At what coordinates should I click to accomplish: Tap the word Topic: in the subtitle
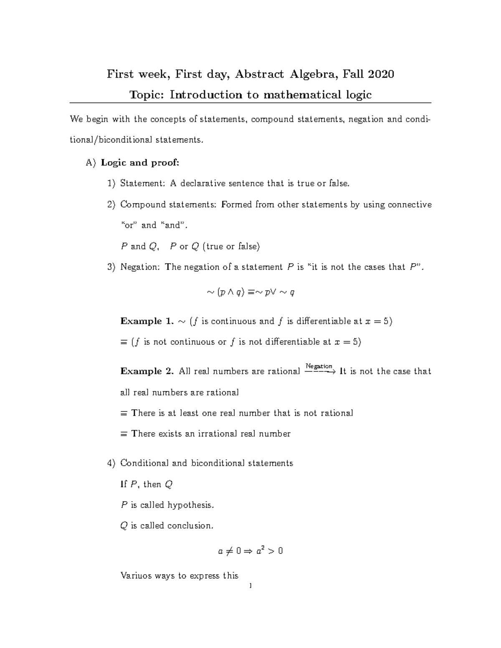(x=147, y=95)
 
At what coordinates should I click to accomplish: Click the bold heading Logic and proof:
(x=140, y=163)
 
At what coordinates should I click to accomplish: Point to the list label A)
(x=91, y=163)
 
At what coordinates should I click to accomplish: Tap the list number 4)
(x=111, y=463)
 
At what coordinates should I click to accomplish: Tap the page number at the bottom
(x=250, y=586)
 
